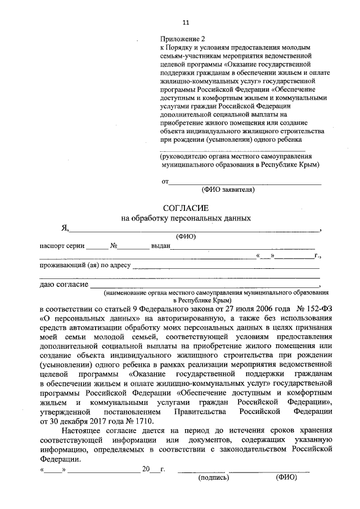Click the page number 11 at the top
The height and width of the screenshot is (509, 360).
click(186, 22)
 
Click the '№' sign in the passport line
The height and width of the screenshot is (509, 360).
click(113, 246)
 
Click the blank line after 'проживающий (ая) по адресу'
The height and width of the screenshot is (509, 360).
click(226, 267)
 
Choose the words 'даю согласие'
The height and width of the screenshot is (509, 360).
click(63, 285)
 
